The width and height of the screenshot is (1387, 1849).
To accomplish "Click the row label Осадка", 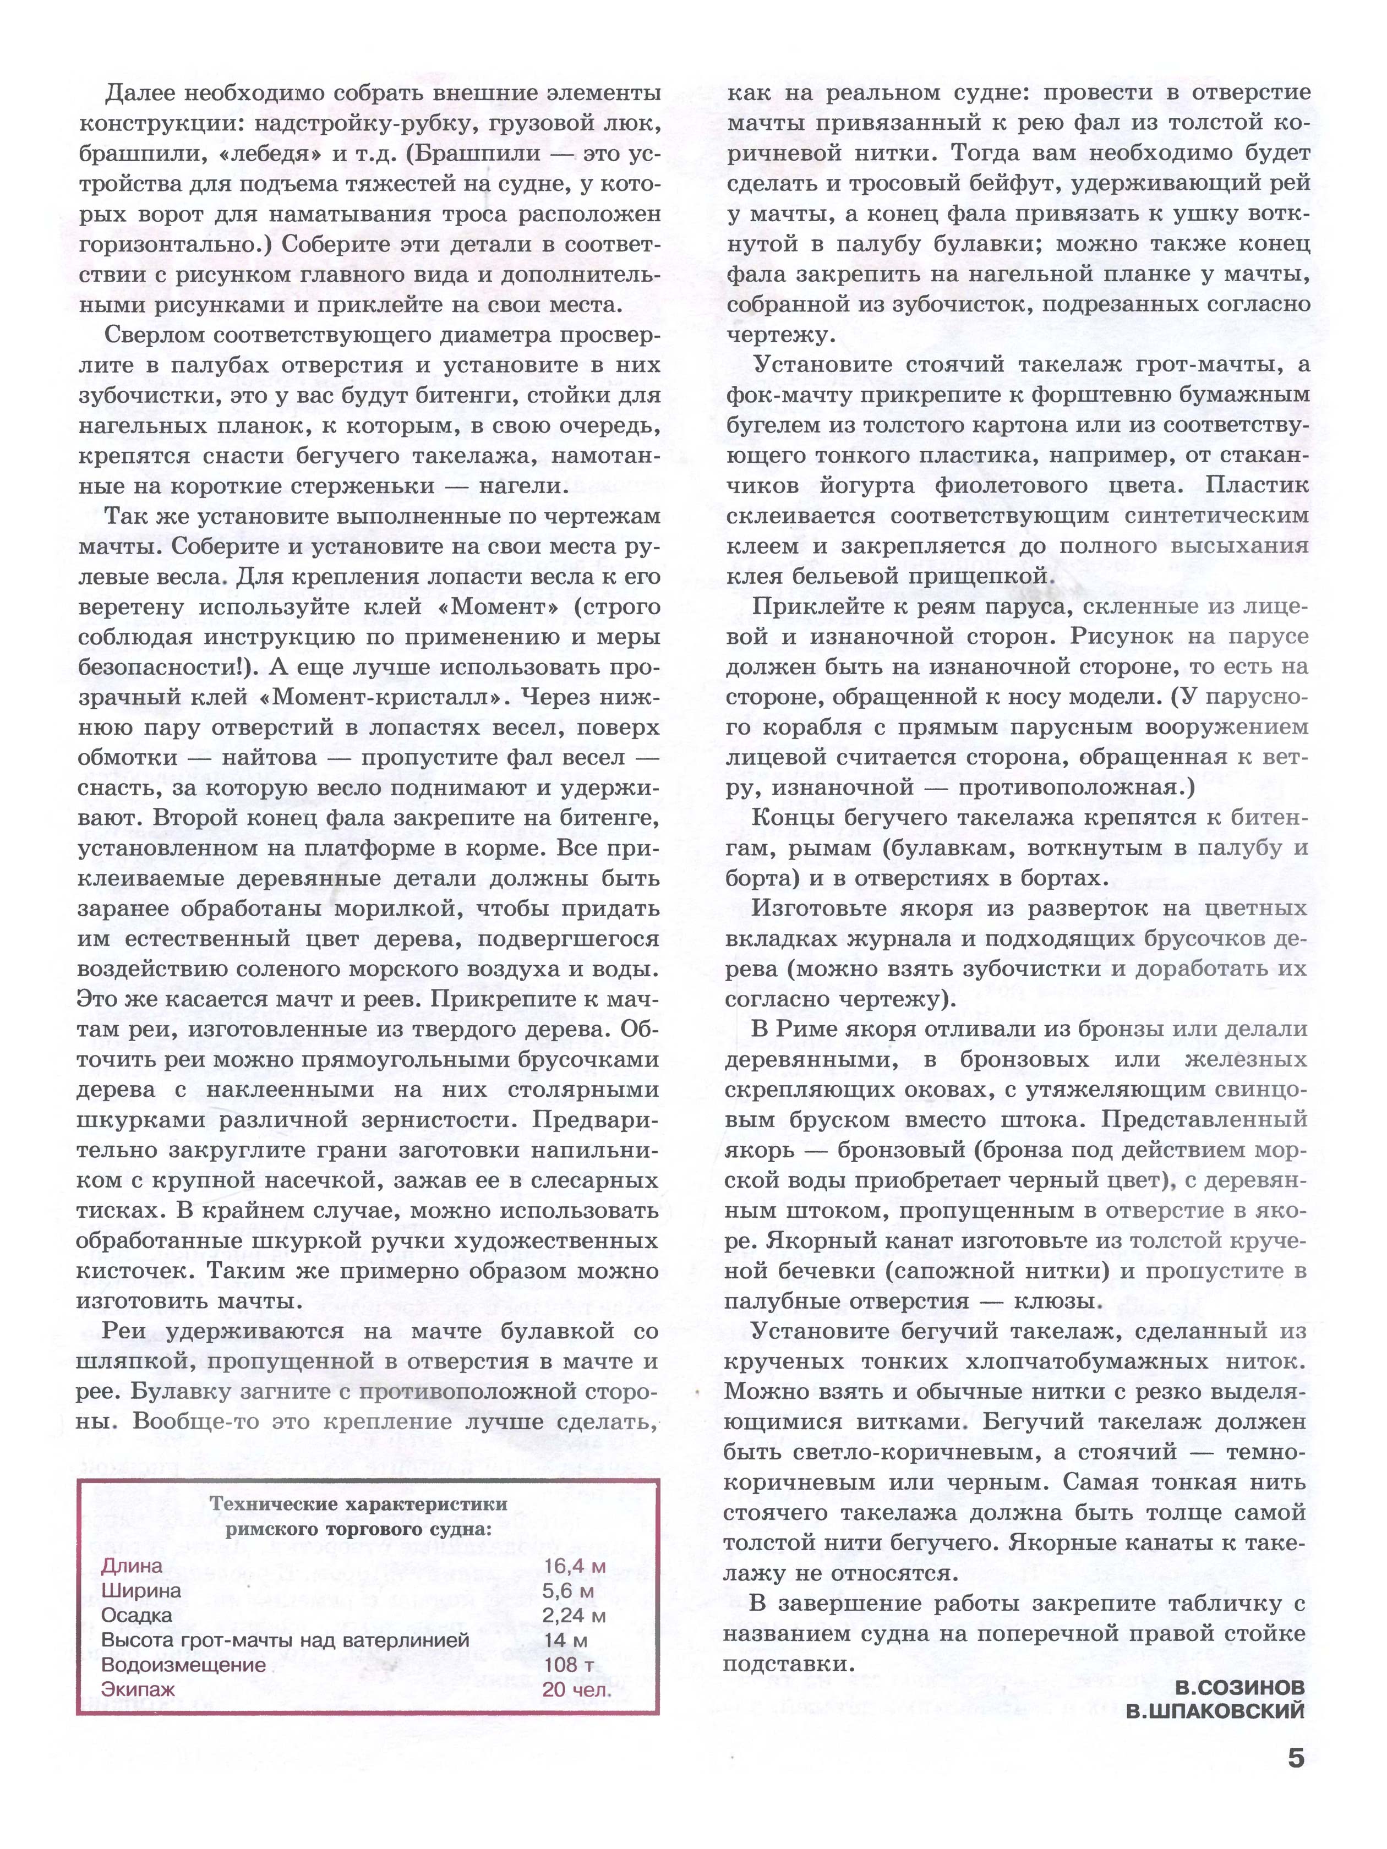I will click(x=136, y=1615).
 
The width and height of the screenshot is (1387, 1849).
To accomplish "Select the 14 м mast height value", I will click(x=565, y=1639).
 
